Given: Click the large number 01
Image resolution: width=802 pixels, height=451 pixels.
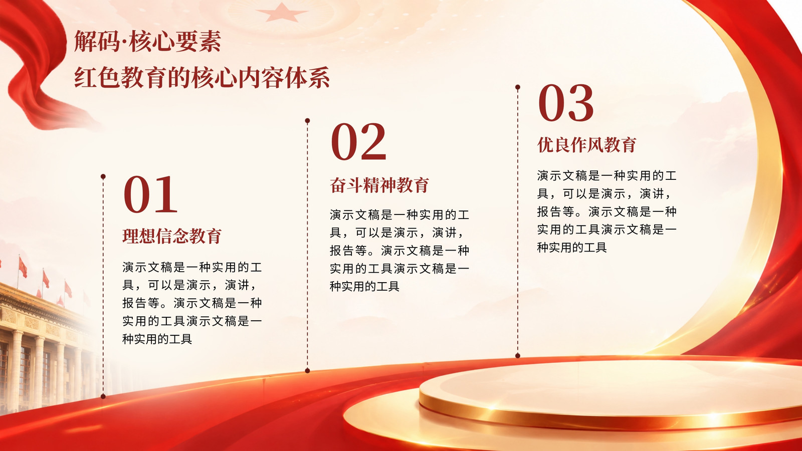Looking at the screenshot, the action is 150,194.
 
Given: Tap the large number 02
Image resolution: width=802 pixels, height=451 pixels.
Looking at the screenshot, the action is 358,141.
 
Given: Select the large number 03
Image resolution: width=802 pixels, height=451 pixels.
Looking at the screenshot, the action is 566,103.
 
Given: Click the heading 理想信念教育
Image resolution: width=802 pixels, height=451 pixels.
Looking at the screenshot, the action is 172,236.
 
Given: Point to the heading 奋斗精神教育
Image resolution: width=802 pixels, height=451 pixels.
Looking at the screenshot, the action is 379,185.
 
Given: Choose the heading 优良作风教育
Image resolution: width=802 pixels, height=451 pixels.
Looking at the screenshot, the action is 587,145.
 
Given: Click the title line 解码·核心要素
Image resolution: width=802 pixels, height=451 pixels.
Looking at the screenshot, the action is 147,42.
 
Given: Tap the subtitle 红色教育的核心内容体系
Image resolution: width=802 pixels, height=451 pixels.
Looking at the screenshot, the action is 202,77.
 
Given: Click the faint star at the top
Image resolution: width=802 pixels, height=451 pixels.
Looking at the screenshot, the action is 282,13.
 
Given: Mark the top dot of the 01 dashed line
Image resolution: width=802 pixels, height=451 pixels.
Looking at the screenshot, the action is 103,176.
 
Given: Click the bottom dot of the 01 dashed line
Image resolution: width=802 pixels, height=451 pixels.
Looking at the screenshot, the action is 103,396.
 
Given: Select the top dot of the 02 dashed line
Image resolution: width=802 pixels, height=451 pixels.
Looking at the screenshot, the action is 307,121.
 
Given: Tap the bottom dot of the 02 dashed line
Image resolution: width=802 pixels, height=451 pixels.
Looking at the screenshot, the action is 307,370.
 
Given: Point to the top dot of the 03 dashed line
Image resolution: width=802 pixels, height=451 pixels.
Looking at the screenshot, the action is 518,87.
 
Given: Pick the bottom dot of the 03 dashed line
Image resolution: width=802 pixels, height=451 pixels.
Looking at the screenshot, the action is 518,355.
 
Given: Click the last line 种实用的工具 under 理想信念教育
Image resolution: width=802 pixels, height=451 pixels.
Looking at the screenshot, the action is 157,339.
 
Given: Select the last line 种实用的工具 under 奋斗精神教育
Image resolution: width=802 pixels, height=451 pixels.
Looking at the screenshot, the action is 364,286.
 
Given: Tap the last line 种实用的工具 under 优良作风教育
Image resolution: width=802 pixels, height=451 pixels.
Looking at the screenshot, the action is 572,248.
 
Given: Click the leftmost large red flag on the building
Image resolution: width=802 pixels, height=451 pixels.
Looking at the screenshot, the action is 23,267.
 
